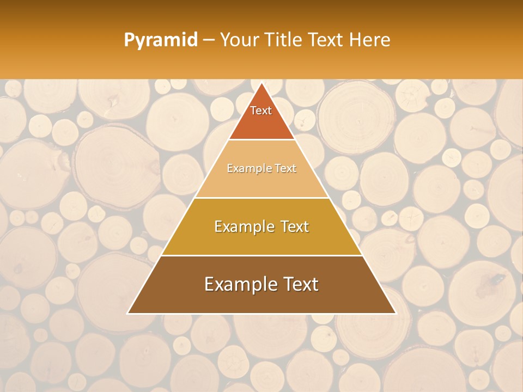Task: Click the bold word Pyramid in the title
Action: [160, 40]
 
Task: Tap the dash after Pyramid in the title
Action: [209, 40]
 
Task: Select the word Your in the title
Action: [238, 40]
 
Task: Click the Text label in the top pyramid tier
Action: [261, 111]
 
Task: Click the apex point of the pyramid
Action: [261, 83]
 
